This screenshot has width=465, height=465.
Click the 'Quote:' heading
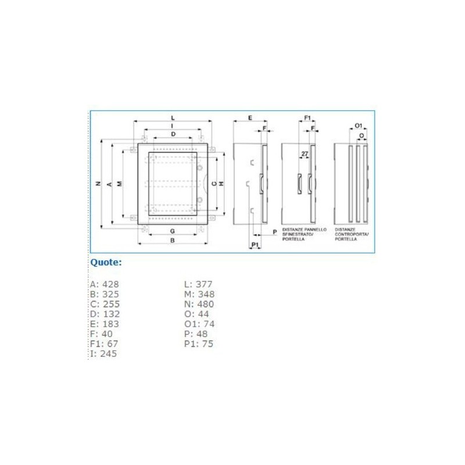[106, 262]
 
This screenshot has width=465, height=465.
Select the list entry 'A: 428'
[105, 284]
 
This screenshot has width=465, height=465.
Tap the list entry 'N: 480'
[199, 304]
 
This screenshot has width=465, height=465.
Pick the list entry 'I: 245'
[104, 353]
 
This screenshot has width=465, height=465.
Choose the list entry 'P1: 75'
[199, 344]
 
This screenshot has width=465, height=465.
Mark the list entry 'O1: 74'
[198, 324]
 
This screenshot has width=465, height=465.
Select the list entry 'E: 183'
[104, 324]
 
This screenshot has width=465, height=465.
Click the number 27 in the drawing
[305, 153]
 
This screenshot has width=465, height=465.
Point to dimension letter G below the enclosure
[173, 231]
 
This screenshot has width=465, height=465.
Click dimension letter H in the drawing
[221, 184]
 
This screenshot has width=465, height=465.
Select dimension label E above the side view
[249, 117]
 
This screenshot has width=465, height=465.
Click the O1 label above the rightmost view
[358, 126]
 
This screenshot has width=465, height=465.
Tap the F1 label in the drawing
[307, 117]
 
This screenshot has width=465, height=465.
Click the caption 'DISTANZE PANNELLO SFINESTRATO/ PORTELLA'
[304, 234]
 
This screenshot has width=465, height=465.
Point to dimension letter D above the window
[173, 134]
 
